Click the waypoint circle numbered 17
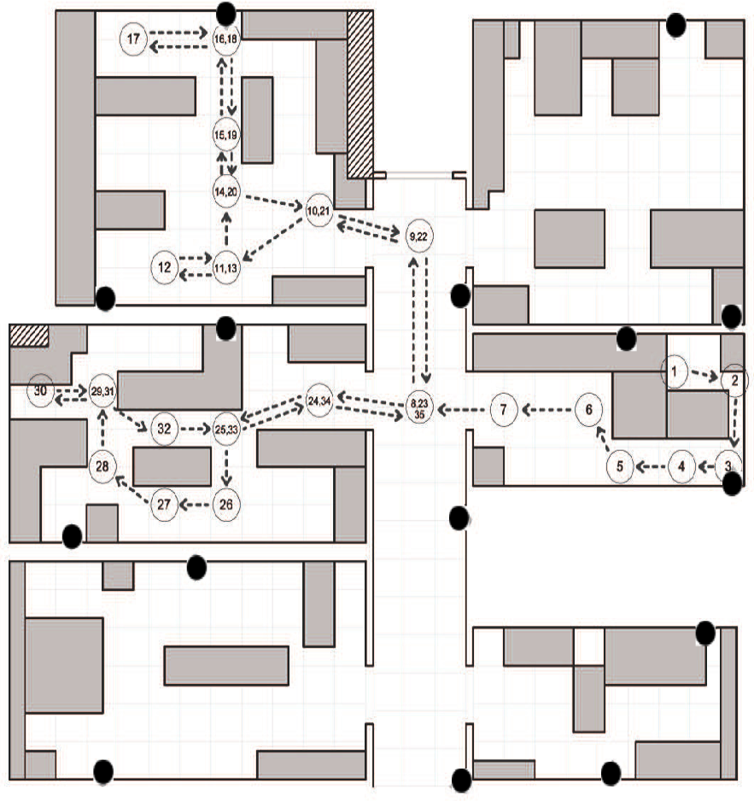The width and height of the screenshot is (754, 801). [133, 39]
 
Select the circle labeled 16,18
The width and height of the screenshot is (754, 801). [227, 39]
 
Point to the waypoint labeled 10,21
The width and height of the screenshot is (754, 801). [318, 209]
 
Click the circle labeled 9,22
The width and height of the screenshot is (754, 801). [418, 236]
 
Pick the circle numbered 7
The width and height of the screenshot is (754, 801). [504, 410]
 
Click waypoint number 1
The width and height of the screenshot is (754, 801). [675, 371]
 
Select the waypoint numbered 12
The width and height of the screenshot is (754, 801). [165, 267]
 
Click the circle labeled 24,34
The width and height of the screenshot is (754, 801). [319, 400]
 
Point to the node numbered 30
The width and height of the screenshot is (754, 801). [39, 390]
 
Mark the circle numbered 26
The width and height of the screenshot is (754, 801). [226, 504]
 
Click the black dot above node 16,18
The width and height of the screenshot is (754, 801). [226, 12]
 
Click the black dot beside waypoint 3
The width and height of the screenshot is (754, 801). [732, 484]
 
